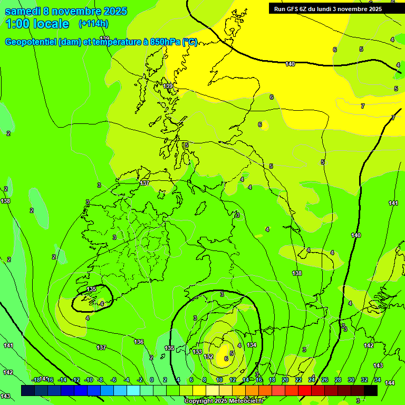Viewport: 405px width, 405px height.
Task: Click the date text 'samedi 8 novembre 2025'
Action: click(x=66, y=11)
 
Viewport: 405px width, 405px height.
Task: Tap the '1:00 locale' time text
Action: click(x=37, y=24)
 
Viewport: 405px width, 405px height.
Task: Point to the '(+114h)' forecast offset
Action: click(x=93, y=24)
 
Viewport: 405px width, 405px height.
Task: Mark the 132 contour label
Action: click(x=209, y=356)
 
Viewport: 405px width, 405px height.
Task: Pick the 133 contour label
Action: click(x=197, y=352)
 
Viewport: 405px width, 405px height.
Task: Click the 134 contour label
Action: click(x=252, y=345)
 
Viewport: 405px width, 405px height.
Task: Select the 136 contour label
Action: click(x=139, y=342)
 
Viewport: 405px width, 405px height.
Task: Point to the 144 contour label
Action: click(x=389, y=383)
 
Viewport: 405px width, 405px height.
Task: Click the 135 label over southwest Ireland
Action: click(x=92, y=289)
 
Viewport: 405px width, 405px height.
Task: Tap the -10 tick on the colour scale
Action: click(x=88, y=380)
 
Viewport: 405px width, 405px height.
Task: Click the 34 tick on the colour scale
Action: click(x=377, y=380)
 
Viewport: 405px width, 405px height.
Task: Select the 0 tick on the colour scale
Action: click(x=152, y=380)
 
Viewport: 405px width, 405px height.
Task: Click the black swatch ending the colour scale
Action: click(x=371, y=390)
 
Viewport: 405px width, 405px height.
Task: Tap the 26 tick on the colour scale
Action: click(x=324, y=380)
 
